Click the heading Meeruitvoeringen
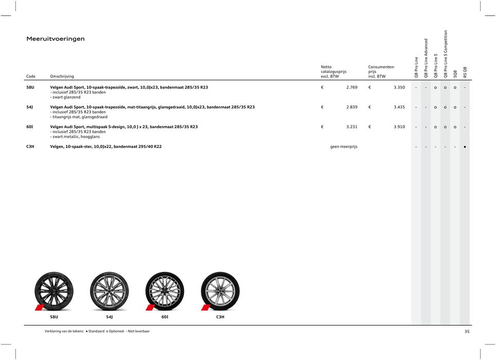[x=56, y=39]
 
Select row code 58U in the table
[x=30, y=87]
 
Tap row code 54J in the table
[x=30, y=107]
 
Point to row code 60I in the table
[x=30, y=127]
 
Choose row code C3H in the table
[x=30, y=147]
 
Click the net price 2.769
[x=352, y=87]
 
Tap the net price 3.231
[x=352, y=127]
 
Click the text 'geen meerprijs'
[x=344, y=147]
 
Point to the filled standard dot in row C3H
[x=465, y=147]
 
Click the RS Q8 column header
[x=465, y=72]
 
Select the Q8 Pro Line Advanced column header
[x=426, y=58]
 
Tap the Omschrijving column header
[x=62, y=77]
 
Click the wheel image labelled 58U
[x=54, y=291]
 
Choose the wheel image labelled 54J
[x=109, y=291]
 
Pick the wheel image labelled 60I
[x=164, y=291]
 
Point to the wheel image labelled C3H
[x=220, y=291]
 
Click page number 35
[x=467, y=332]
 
